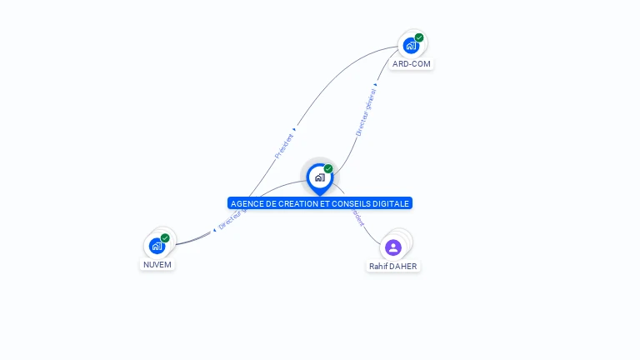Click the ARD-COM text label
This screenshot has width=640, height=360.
412,63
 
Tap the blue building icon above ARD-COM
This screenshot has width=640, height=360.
410,46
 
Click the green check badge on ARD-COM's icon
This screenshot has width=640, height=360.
419,37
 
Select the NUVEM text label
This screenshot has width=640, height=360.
157,264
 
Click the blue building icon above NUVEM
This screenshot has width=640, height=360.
156,246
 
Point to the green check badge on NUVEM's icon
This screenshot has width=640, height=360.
165,238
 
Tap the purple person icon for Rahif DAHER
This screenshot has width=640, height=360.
393,247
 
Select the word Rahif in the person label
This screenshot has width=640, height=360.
378,267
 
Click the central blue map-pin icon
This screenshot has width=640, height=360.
319,177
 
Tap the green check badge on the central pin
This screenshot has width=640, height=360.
328,169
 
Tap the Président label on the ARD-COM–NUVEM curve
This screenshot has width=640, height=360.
283,146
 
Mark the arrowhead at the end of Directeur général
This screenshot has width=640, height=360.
376,84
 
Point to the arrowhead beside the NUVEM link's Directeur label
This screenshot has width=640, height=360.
214,229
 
